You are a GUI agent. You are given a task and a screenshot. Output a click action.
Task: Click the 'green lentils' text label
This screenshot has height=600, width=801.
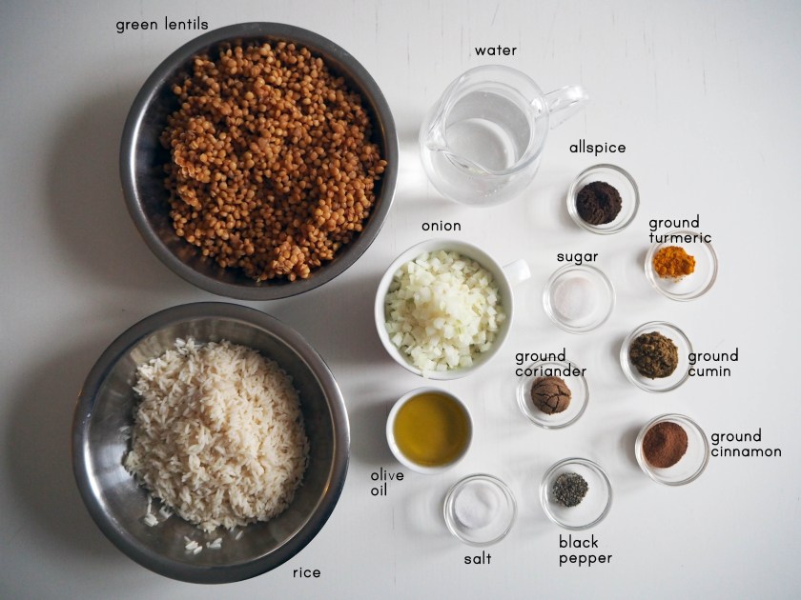pos(162,25)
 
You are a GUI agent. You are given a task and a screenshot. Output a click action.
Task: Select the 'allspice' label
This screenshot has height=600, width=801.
pos(597,148)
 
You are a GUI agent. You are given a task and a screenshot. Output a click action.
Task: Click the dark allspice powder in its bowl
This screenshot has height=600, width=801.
pos(598,203)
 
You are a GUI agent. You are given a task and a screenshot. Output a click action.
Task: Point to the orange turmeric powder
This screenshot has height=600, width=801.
pos(674,262)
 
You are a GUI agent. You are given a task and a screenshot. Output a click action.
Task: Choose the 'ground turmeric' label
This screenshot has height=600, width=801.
pos(680,230)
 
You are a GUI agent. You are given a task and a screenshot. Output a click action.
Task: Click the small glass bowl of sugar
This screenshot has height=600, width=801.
pos(578,298)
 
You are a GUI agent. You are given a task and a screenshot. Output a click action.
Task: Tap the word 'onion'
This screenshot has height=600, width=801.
pos(441,226)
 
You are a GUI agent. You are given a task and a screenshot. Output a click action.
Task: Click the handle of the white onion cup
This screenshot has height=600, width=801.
pos(517,270)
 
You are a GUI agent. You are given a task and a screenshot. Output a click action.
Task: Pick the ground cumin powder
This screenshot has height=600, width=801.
pos(653,354)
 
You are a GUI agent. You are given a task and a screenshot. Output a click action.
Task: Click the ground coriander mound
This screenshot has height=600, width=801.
pos(551,395)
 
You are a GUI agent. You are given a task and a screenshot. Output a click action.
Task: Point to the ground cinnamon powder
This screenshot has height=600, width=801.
pos(665,445)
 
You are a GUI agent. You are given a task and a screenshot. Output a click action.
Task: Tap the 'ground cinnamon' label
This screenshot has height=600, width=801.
pos(746,444)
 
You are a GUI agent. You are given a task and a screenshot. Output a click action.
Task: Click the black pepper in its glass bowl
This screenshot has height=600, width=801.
pos(570,490)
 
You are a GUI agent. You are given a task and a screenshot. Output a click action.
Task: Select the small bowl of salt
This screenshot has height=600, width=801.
pos(480,510)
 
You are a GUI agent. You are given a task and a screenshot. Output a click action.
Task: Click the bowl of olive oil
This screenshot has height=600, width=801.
pos(430,430)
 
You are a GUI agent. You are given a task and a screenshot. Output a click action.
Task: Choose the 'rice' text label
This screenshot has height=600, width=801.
pos(306,572)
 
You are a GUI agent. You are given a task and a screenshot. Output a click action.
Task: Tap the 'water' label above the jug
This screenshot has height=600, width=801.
pos(496,50)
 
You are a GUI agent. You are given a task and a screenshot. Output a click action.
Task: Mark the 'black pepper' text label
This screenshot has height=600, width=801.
pos(585,550)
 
